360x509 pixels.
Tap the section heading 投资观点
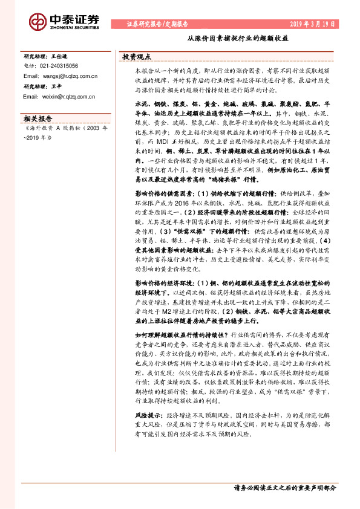pyautogui.click(x=137, y=56)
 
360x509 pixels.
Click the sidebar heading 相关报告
pyautogui.click(x=37, y=118)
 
